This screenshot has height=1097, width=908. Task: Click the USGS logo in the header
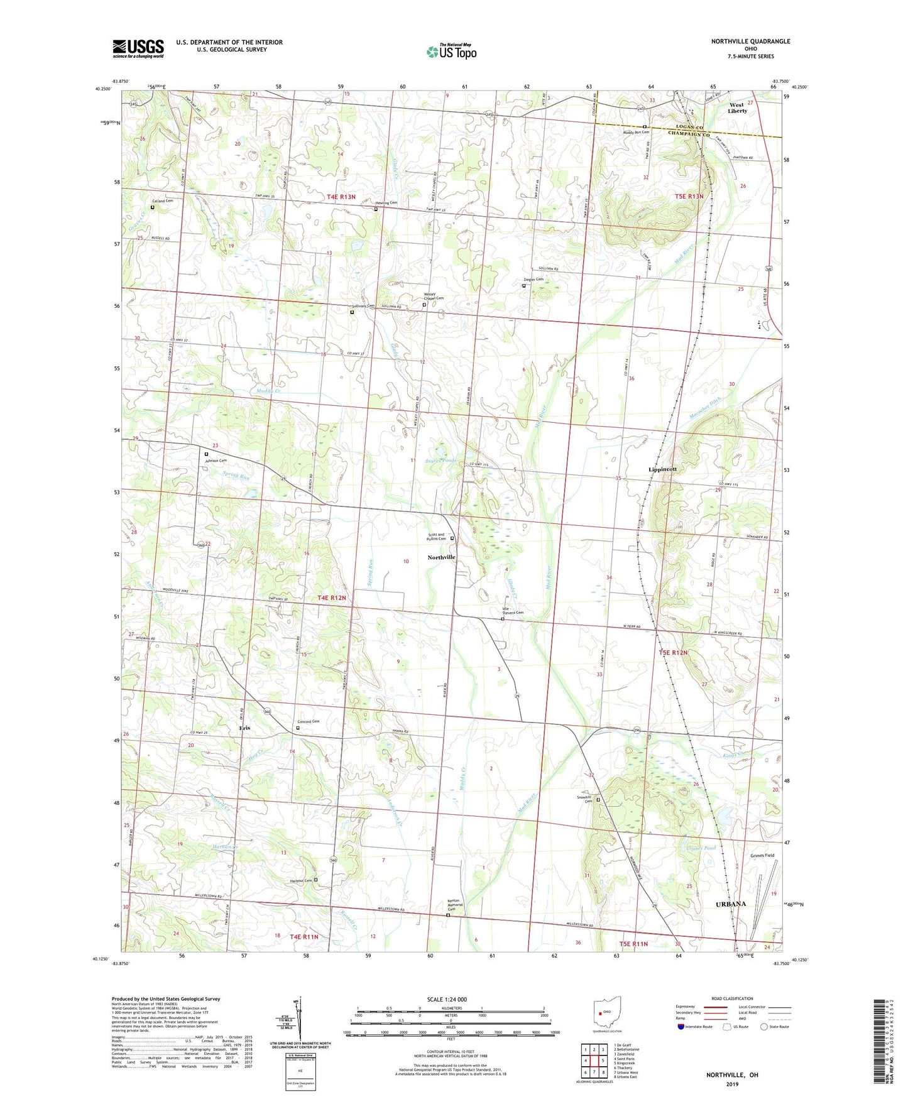[x=138, y=48]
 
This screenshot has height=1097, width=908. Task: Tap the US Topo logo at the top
[x=451, y=52]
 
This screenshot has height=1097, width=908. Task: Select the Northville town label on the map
[x=442, y=557]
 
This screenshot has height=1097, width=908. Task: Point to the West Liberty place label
[x=737, y=108]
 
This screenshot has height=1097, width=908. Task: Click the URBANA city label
[x=731, y=904]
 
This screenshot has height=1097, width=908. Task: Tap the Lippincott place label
[x=663, y=469]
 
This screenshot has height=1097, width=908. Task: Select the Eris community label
[x=244, y=728]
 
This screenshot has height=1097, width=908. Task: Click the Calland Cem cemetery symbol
[x=152, y=207]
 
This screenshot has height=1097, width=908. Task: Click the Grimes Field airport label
[x=762, y=856]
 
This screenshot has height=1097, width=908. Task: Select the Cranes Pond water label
[x=701, y=848]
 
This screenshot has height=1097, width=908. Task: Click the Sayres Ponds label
[x=440, y=461]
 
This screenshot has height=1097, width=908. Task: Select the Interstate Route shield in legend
[x=682, y=1027]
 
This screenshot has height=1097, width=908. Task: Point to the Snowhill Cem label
[x=585, y=800]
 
